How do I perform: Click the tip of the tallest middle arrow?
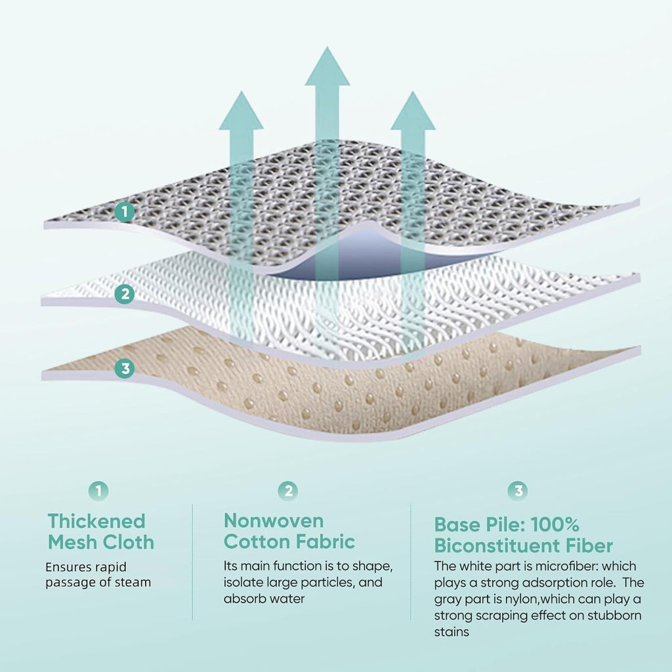327,47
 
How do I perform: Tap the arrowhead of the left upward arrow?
241,110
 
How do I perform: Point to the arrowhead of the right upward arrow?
413,110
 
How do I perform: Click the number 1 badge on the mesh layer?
125,212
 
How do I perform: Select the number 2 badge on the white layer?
125,294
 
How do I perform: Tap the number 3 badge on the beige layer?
125,369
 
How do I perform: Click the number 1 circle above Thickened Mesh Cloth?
98,491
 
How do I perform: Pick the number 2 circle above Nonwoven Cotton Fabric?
288,491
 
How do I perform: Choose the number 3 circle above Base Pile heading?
518,491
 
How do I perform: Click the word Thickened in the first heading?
96,521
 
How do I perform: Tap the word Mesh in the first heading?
72,542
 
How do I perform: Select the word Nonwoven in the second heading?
274,520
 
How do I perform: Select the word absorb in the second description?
243,598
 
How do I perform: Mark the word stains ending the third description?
451,632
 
